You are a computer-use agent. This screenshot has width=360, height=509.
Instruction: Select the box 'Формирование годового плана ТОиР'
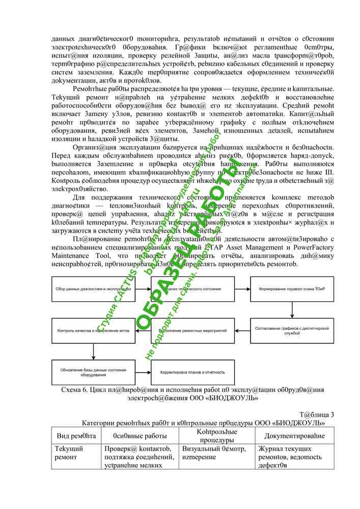tap(291, 289)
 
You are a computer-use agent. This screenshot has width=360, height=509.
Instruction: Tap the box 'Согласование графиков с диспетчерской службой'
tap(291, 330)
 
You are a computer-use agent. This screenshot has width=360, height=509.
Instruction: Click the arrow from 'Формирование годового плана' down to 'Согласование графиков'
tap(291, 309)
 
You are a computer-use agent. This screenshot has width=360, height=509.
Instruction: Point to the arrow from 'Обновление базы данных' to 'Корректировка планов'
tap(143, 372)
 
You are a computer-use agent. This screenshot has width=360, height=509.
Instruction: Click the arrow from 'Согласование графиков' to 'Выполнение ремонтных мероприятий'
tap(242, 330)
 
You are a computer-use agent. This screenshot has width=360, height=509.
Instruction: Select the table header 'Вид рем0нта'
tap(76, 436)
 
